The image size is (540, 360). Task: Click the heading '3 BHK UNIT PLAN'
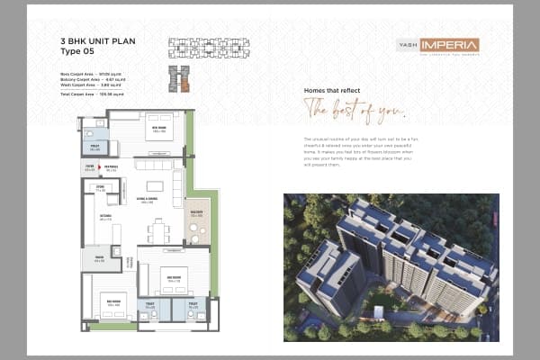click(98, 41)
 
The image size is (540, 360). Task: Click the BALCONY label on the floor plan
click(196, 212)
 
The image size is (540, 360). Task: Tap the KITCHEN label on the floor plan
click(104, 217)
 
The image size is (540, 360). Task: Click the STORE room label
click(101, 189)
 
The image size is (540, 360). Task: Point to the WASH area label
click(99, 259)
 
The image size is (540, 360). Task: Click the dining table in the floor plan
click(158, 232)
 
